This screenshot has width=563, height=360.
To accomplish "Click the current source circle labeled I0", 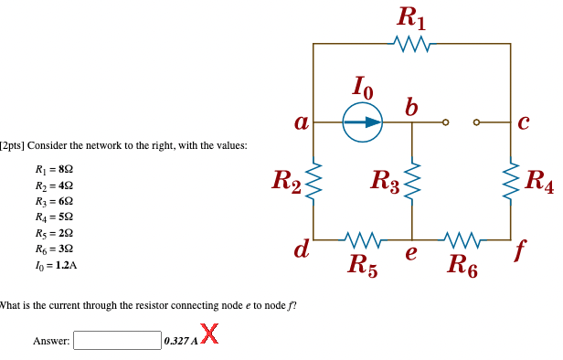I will [x=363, y=122].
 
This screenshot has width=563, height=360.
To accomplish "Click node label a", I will [x=299, y=122].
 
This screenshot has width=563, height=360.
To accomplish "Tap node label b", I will [x=412, y=106].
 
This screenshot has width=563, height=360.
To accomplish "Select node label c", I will [x=523, y=122].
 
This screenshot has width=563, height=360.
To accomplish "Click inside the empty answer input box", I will [x=117, y=341].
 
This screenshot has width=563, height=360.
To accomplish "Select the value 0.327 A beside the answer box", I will [x=179, y=341].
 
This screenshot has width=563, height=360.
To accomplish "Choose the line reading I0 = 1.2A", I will [x=55, y=265].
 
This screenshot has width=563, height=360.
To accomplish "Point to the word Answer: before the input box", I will [x=51, y=341].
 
